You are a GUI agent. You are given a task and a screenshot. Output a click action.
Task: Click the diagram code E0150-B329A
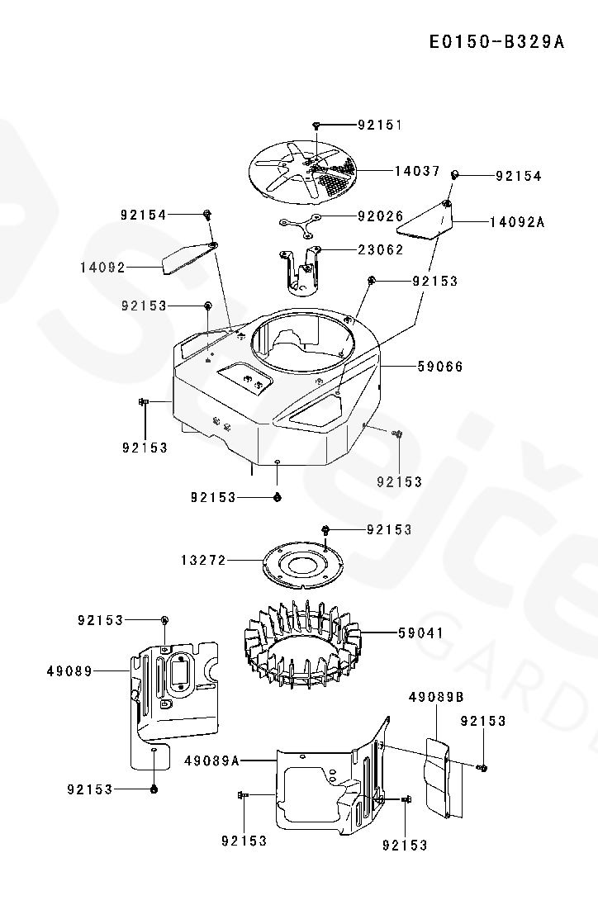[x=496, y=42]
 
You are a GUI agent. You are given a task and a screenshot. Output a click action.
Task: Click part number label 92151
[x=380, y=126]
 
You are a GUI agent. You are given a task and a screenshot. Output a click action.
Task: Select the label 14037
[x=417, y=172]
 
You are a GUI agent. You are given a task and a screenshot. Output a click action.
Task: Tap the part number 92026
[x=380, y=216]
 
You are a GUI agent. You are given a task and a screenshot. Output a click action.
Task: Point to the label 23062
[x=380, y=249]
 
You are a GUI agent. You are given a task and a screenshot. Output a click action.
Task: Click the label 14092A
[x=517, y=222]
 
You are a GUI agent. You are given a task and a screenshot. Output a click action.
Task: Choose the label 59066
[x=440, y=366]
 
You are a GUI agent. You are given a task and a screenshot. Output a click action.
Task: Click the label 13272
[x=203, y=560]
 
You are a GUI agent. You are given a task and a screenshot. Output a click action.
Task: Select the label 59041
[x=420, y=633]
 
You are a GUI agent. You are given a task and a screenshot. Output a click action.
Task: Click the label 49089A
[x=212, y=760]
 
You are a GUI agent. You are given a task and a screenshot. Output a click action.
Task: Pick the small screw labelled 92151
[x=316, y=126]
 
